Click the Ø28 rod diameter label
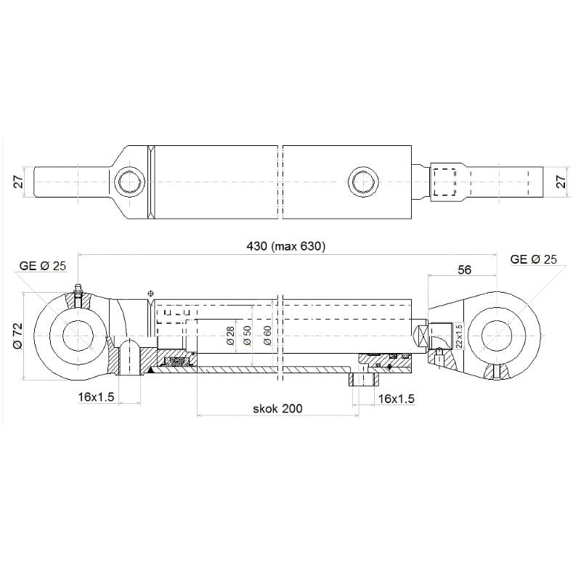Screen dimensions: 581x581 [230, 335]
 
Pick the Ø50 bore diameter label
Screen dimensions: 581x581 [248, 335]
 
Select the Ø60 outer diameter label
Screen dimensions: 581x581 [267, 335]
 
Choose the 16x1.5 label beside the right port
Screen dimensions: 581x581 [397, 398]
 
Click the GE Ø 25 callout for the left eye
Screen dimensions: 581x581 [44, 266]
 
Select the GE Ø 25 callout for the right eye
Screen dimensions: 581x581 [534, 259]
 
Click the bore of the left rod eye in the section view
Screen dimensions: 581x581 [76, 336]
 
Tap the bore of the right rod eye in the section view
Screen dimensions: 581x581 [500, 336]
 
